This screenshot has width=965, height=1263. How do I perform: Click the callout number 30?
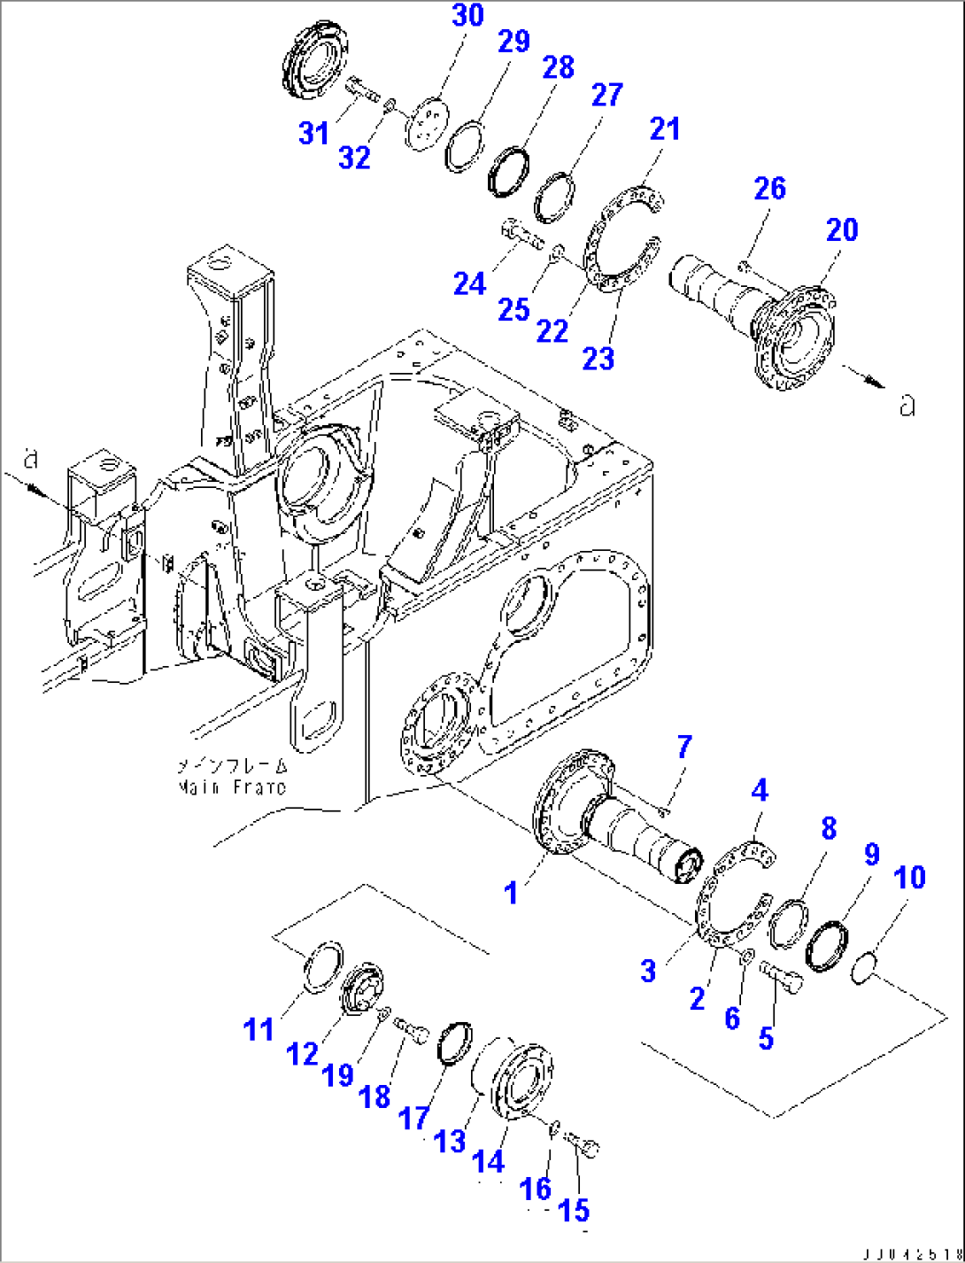(467, 16)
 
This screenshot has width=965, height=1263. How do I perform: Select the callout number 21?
(664, 129)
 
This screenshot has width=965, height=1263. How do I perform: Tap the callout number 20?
(841, 230)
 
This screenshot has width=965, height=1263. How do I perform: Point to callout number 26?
(769, 189)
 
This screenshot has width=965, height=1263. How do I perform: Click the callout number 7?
(683, 748)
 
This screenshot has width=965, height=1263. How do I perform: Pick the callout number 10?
(909, 878)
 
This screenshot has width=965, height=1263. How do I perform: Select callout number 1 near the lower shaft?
(511, 893)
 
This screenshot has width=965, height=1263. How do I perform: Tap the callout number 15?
(574, 1211)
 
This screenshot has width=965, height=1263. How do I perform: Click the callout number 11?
(259, 1029)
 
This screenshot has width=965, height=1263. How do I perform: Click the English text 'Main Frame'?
(232, 787)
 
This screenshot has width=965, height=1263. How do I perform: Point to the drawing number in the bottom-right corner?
(909, 1251)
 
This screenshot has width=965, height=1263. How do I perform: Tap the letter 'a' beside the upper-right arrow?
(905, 405)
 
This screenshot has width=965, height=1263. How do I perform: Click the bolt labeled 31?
(359, 89)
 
